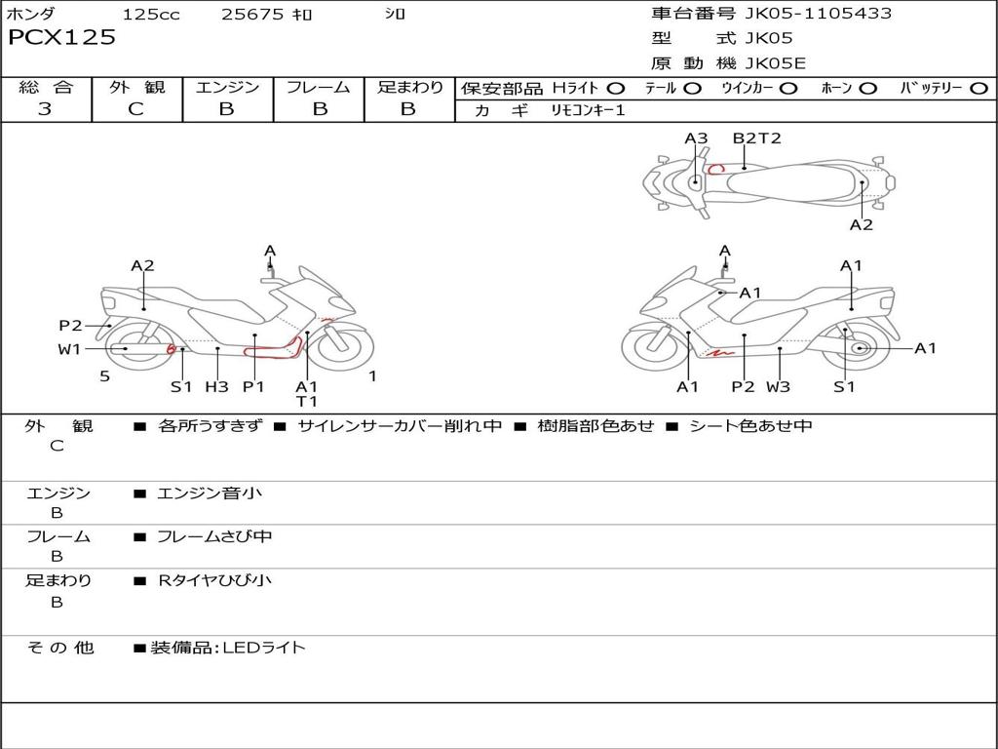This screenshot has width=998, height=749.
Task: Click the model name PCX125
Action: tap(62, 38)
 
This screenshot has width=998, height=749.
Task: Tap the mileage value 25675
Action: tap(252, 15)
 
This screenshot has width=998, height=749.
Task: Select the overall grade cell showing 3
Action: tap(45, 109)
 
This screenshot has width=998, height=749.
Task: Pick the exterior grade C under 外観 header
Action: tap(136, 109)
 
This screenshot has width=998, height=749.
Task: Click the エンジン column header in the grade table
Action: tap(227, 88)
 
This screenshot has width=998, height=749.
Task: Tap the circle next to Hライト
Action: tap(616, 89)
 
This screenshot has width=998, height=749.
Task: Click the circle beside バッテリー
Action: tap(979, 89)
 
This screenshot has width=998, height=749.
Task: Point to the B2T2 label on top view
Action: tap(757, 138)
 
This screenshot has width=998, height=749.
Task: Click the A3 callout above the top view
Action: tap(696, 138)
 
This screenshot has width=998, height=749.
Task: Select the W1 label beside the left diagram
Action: tap(69, 349)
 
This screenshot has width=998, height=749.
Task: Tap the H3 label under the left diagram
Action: tap(216, 386)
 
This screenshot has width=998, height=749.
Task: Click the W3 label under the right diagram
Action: tap(778, 386)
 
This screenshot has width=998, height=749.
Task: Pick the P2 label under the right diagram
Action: tap(744, 386)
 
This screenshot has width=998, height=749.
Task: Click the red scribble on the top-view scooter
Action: tap(716, 169)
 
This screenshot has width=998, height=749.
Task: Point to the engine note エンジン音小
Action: tap(209, 493)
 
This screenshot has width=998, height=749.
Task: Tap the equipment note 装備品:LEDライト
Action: tap(228, 647)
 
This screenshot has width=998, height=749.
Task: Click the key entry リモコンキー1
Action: tap(588, 111)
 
